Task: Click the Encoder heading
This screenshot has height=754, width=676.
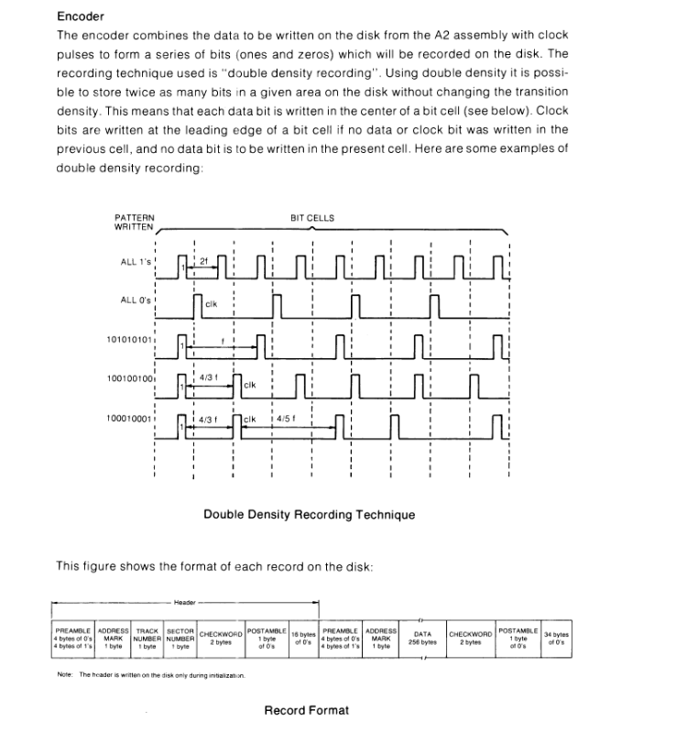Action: (81, 16)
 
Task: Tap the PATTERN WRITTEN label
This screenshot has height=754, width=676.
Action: (135, 221)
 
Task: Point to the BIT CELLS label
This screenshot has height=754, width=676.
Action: (312, 218)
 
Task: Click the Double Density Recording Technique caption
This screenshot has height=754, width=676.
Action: (309, 515)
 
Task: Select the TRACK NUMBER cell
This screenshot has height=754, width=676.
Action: (147, 637)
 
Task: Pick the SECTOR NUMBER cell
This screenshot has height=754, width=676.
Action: (181, 637)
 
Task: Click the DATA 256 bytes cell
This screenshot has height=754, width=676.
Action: (422, 637)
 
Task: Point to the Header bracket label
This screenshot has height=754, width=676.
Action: (184, 603)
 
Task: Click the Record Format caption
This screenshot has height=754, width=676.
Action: (306, 710)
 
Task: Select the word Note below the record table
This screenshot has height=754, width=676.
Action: (65, 675)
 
